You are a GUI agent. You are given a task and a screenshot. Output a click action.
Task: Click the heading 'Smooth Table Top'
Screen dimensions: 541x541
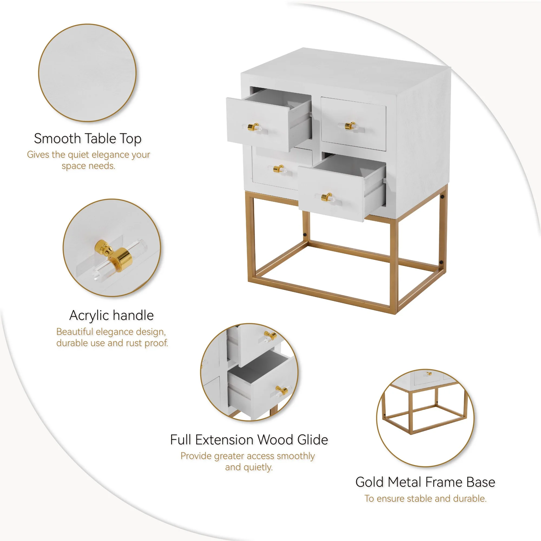[x=88, y=138]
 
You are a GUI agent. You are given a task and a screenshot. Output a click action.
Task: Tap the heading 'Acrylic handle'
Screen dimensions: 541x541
[x=111, y=315]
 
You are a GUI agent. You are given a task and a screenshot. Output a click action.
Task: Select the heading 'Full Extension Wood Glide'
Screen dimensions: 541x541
[x=249, y=440]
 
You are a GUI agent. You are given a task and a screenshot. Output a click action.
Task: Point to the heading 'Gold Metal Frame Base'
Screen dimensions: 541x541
[x=425, y=482]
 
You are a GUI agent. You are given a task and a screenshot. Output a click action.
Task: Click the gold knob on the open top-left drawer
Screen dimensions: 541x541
[x=253, y=127]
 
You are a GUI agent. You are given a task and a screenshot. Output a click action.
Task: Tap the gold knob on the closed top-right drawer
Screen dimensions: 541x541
[x=350, y=126]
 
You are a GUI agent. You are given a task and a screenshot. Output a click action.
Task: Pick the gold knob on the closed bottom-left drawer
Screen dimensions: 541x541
[x=278, y=169]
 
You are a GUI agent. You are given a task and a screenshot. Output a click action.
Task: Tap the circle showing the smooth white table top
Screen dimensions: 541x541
[x=87, y=73]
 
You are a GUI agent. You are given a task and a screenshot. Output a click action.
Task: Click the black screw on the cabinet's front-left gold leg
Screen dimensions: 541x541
[x=304, y=234]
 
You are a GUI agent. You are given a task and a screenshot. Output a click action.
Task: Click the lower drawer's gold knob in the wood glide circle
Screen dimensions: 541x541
[x=281, y=390]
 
